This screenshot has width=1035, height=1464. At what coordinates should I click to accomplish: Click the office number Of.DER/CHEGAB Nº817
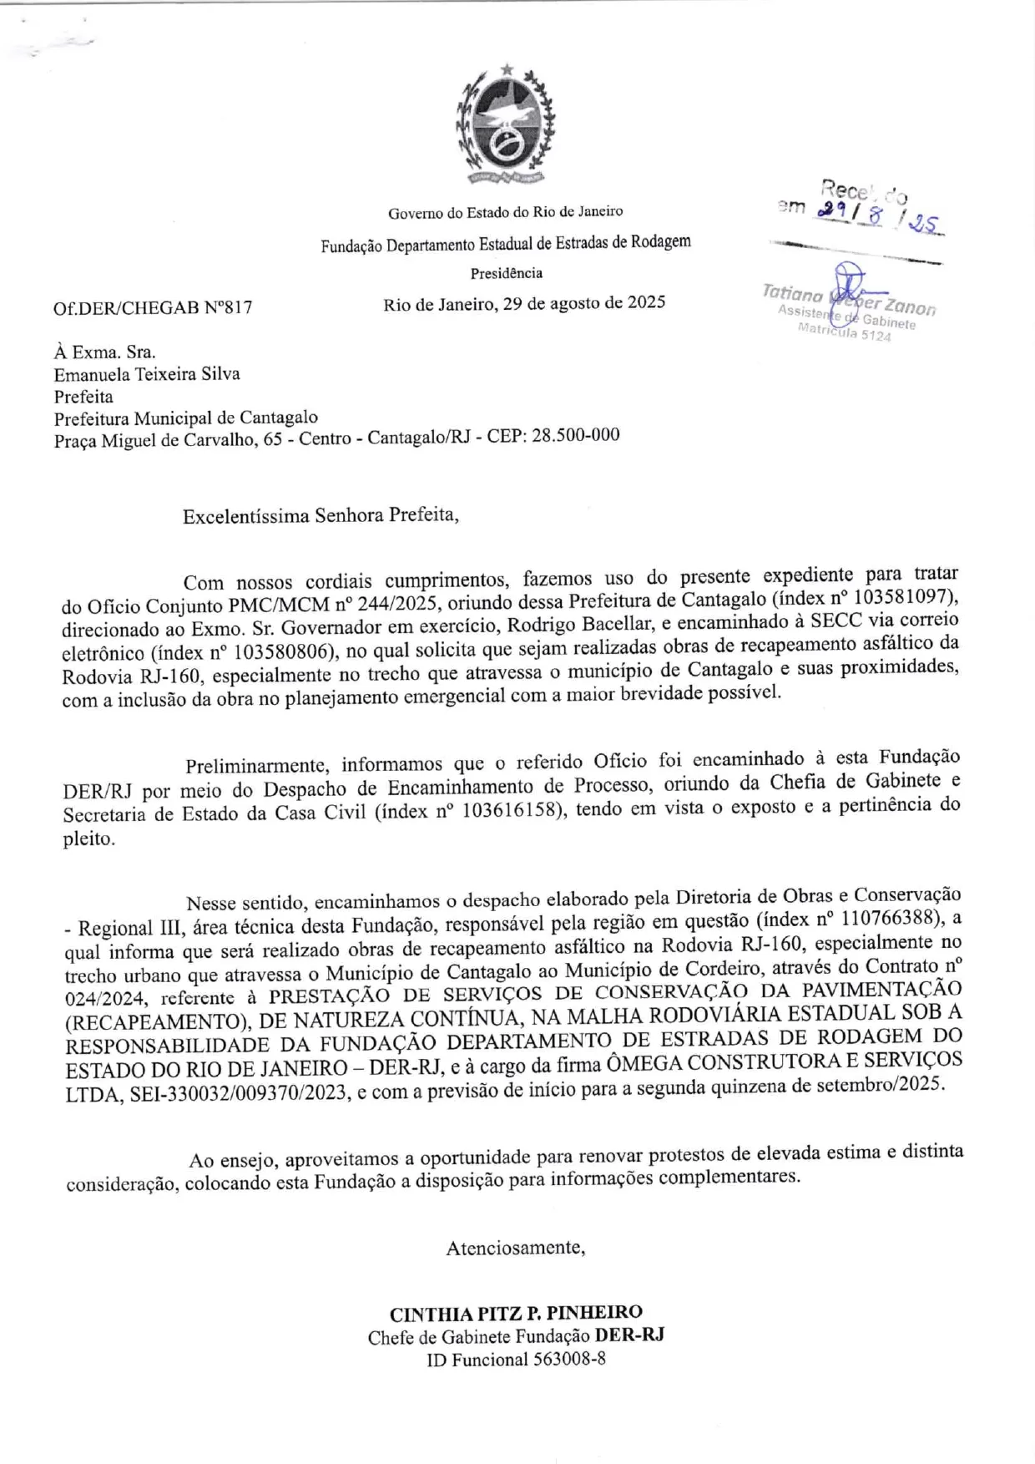[153, 307]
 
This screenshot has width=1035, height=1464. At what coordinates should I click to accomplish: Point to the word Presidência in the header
[506, 273]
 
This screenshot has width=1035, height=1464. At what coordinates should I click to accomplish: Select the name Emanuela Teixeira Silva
[147, 374]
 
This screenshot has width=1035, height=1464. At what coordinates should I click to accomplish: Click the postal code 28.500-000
[575, 435]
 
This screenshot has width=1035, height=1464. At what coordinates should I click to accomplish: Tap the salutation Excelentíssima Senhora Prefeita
[321, 515]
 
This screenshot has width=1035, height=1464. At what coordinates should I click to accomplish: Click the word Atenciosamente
[515, 1248]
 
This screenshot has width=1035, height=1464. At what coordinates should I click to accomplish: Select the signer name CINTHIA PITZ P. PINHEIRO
[516, 1313]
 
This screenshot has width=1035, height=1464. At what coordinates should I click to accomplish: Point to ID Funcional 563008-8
[516, 1360]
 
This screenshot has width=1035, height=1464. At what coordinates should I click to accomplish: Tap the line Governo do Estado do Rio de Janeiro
[505, 212]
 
